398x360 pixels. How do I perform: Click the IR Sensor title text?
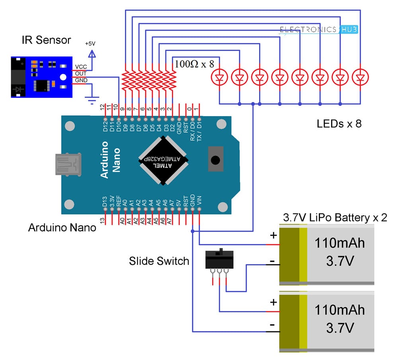click(x=46, y=40)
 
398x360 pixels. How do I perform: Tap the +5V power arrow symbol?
click(x=92, y=54)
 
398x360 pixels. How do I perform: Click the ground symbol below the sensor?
click(x=92, y=100)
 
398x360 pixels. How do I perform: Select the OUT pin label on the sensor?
click(x=81, y=74)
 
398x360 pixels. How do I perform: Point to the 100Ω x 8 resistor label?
click(x=195, y=64)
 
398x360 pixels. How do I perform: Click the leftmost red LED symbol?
click(x=219, y=77)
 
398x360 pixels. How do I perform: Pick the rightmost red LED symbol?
click(x=360, y=77)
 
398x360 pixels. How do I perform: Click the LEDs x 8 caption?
click(x=339, y=124)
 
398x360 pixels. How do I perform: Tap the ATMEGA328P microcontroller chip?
click(x=163, y=160)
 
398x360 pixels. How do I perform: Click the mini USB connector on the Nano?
click(x=68, y=164)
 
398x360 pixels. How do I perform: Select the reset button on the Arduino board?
click(x=215, y=159)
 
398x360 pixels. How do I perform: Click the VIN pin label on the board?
click(x=199, y=200)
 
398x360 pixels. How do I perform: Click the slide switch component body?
click(x=219, y=259)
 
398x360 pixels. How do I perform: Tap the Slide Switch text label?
click(x=159, y=261)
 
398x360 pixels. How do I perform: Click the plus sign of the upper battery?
click(x=273, y=235)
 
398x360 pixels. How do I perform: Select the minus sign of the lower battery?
click(x=272, y=325)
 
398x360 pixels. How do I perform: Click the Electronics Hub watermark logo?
click(x=318, y=29)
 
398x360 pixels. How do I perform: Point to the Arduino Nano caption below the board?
click(x=62, y=228)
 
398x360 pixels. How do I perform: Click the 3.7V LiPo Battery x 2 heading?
click(x=335, y=218)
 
